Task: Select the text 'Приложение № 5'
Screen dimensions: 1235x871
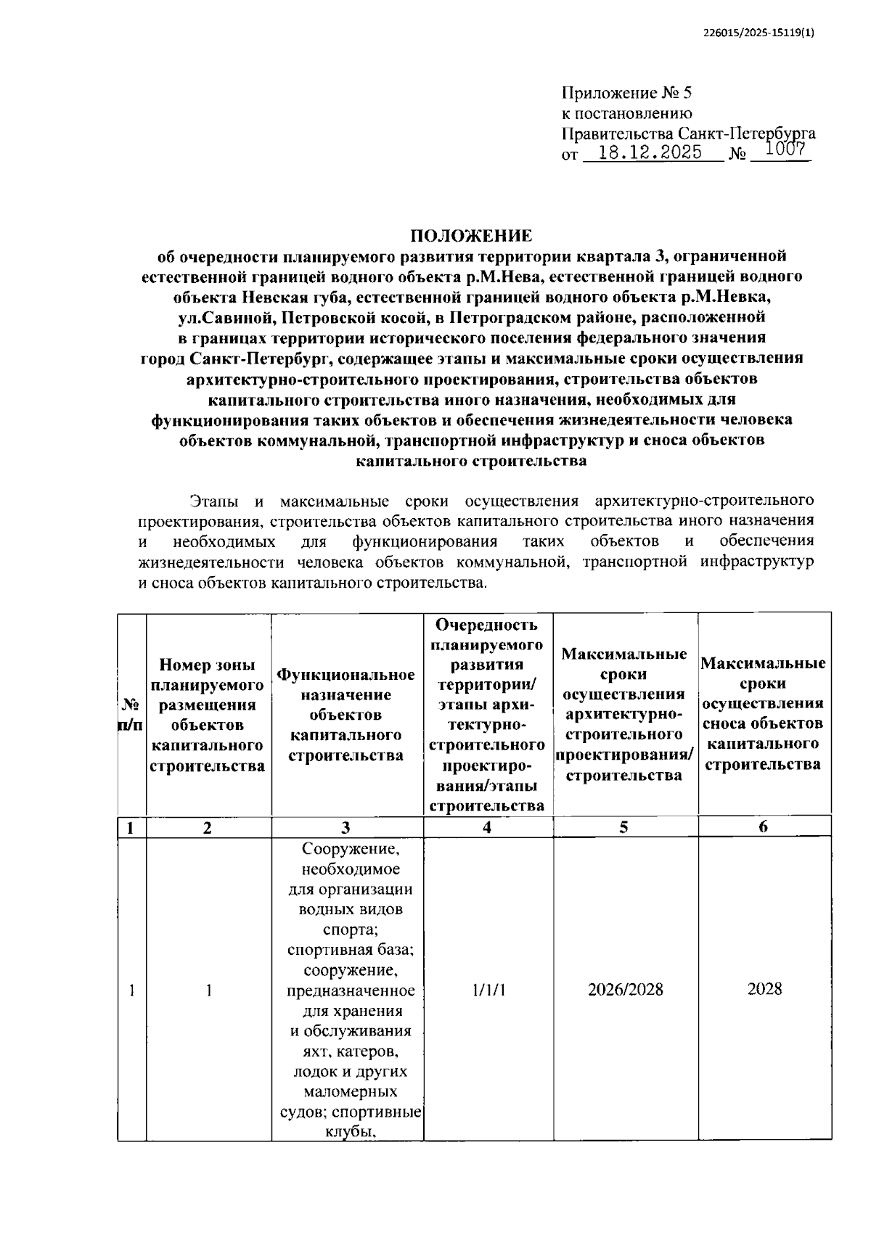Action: [627, 93]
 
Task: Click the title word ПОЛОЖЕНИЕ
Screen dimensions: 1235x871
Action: [471, 236]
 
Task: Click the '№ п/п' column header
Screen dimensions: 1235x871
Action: [131, 715]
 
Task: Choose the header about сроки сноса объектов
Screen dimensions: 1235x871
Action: [763, 713]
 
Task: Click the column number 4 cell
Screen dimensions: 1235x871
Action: [487, 827]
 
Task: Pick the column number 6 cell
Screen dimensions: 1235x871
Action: [763, 827]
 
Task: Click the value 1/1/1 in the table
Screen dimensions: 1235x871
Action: [488, 989]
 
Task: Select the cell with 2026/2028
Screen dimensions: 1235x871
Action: [625, 989]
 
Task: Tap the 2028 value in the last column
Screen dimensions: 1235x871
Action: [764, 989]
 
